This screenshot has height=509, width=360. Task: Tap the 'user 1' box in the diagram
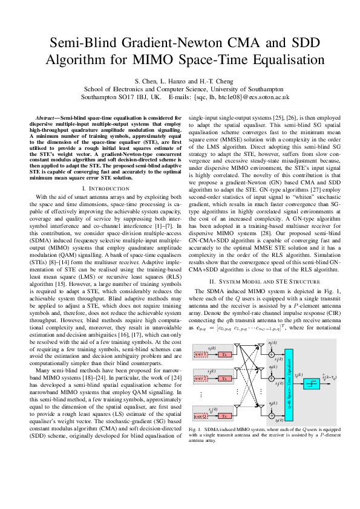[x=201, y=354]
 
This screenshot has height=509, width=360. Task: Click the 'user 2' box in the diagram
[x=201, y=378]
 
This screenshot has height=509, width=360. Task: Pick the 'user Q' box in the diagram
[x=201, y=416]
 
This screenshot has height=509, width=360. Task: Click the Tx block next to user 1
[x=224, y=354]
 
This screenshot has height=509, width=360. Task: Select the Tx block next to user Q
[x=224, y=416]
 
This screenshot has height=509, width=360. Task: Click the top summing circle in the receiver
[x=272, y=354]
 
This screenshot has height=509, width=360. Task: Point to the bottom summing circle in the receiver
[x=272, y=415]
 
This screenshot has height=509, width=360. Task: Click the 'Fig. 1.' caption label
[x=197, y=429]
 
